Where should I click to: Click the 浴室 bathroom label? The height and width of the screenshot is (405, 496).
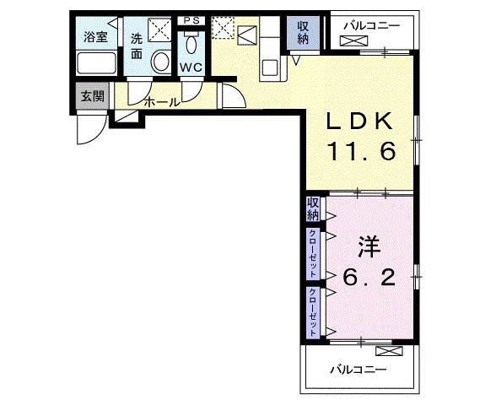[x=96, y=37]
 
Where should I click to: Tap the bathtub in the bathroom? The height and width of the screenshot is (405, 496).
[x=96, y=63]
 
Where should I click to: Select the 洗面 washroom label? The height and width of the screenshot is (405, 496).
[x=137, y=46]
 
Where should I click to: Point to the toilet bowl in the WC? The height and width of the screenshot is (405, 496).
[x=191, y=46]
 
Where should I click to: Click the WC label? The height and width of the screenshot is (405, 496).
[x=191, y=67]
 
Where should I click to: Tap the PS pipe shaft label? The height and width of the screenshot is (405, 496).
[x=192, y=20]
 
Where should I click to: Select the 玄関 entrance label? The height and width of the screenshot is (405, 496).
[x=93, y=96]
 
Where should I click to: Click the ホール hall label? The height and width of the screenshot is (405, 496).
[x=162, y=102]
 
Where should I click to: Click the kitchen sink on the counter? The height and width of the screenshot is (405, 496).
[x=270, y=67]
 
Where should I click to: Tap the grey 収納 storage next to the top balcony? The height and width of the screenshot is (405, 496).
[x=303, y=33]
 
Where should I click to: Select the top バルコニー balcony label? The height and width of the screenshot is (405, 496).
[x=372, y=25]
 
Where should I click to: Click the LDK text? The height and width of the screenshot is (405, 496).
[x=360, y=121]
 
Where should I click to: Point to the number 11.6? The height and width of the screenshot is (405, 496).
[x=362, y=150]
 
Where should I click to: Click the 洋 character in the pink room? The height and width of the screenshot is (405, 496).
[x=369, y=246]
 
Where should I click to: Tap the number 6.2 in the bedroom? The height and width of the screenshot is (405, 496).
[x=369, y=278]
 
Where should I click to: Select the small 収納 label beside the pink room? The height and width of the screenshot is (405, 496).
[x=313, y=209]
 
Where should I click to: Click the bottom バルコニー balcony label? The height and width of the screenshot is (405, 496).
[x=359, y=370]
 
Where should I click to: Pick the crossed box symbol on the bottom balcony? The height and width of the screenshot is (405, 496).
[x=389, y=351]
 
